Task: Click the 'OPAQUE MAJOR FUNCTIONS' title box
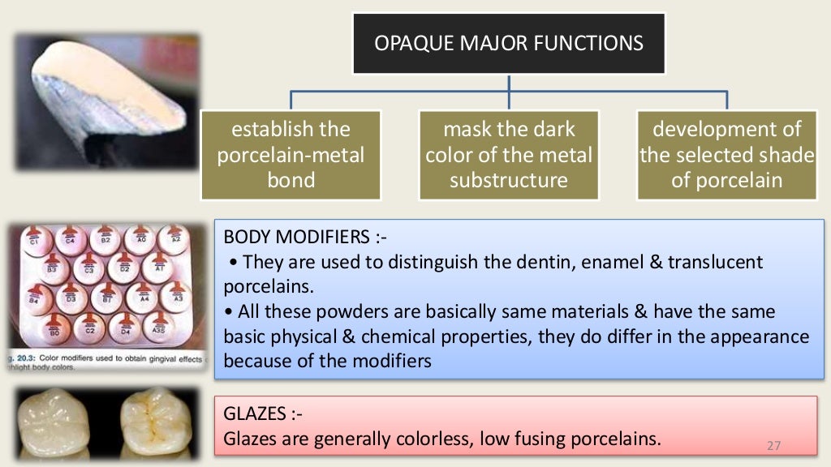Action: [x=509, y=42]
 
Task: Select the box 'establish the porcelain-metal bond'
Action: [x=291, y=154]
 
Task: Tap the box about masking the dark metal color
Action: [x=509, y=154]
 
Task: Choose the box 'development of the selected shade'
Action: [x=727, y=154]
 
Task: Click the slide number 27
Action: [x=773, y=446]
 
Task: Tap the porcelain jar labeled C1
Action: [x=35, y=240]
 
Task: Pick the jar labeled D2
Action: [x=125, y=267]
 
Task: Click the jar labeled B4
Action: [x=35, y=298]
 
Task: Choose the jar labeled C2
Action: [x=92, y=328]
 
